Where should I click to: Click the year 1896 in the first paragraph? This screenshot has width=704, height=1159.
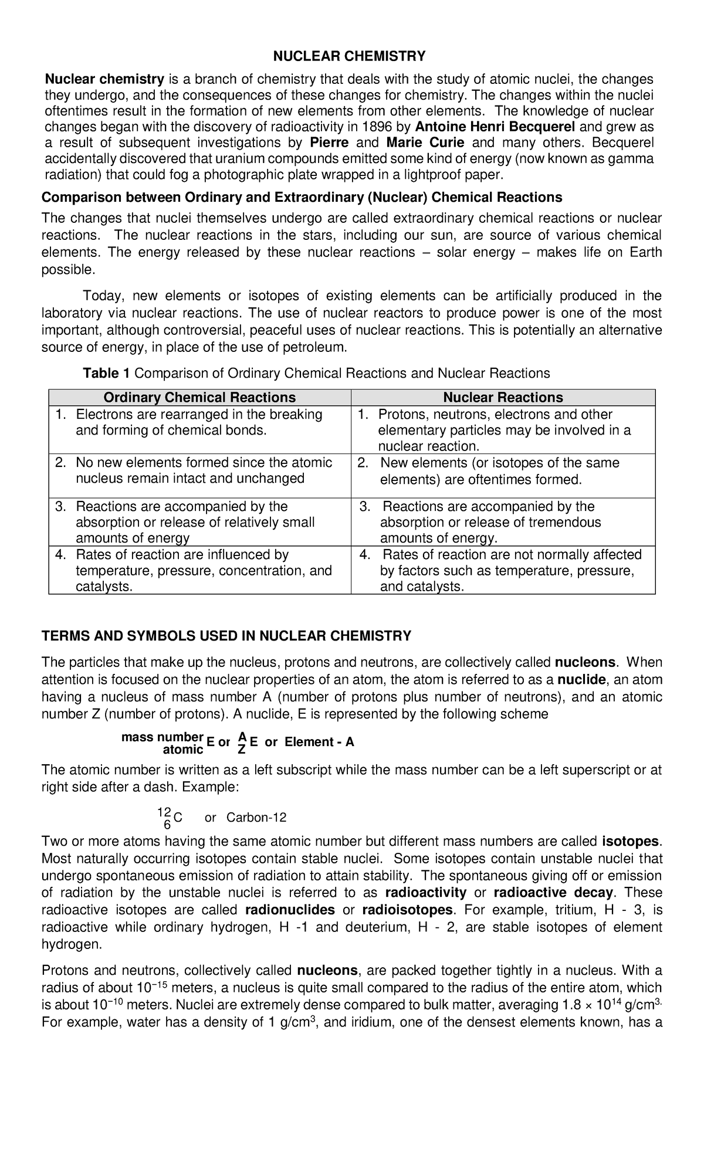click(380, 127)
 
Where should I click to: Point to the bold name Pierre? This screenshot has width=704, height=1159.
click(329, 143)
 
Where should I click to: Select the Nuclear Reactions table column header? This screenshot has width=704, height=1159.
click(503, 397)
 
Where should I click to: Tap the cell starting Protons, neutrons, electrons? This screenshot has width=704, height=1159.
click(503, 430)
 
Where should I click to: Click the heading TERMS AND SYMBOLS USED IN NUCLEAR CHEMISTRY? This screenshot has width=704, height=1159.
click(226, 636)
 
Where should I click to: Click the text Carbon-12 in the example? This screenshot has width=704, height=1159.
click(256, 818)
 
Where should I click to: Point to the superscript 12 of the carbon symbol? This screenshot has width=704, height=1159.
click(164, 812)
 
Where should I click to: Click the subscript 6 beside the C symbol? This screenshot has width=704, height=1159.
click(167, 824)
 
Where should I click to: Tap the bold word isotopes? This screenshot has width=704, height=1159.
click(631, 842)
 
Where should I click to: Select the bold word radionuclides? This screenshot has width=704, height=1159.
click(290, 910)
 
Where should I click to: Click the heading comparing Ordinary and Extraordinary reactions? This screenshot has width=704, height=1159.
click(302, 197)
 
